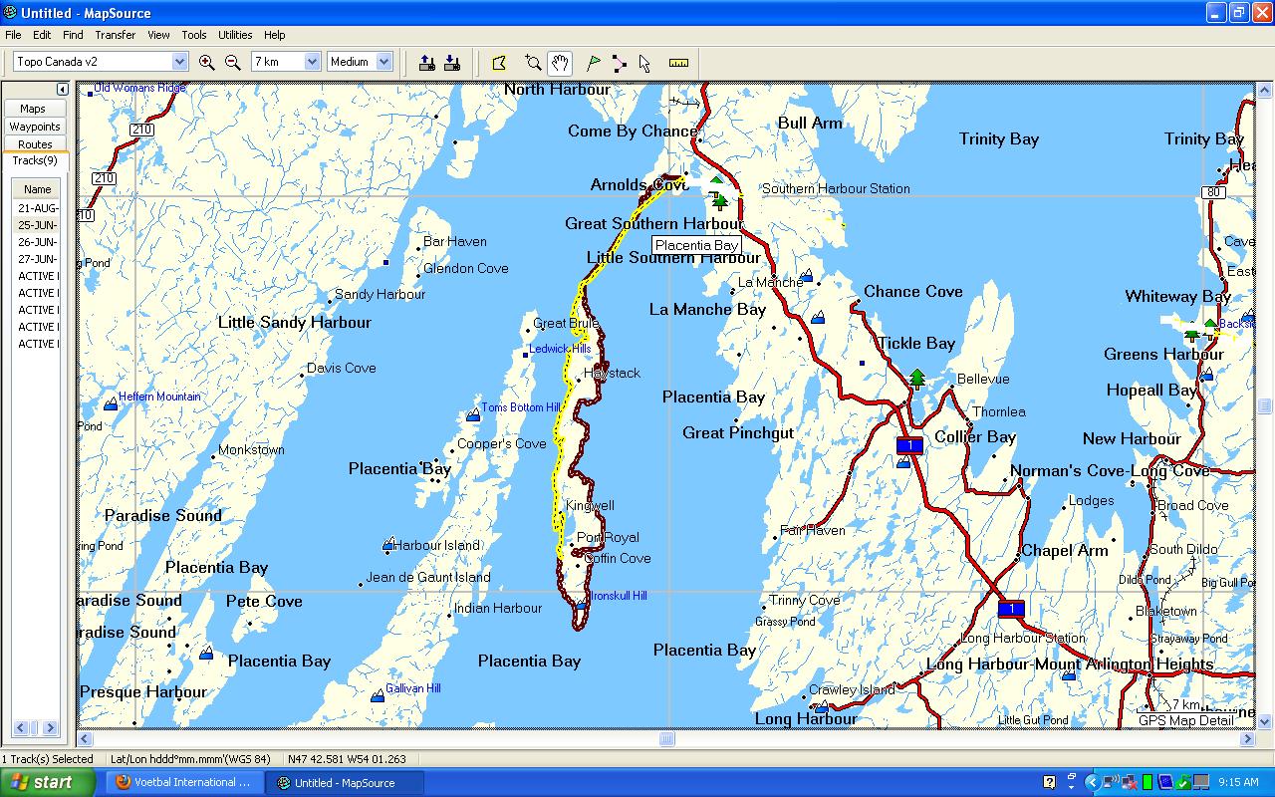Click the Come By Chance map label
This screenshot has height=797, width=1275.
tap(633, 132)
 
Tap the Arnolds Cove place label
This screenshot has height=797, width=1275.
tap(638, 185)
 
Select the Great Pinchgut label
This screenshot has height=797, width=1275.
tap(738, 432)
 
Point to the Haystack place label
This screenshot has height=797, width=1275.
tap(613, 373)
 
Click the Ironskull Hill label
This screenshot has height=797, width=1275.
tap(619, 596)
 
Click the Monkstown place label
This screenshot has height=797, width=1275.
tap(251, 450)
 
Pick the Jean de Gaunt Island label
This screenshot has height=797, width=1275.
tap(428, 577)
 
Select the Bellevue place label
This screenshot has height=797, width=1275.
tap(983, 380)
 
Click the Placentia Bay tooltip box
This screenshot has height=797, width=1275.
tap(696, 246)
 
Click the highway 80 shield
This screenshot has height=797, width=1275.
tap(1213, 192)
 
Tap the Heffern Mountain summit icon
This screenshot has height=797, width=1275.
tap(111, 404)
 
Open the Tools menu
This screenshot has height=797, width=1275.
tap(194, 35)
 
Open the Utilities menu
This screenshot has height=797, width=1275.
tap(235, 35)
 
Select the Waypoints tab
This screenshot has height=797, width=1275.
tap(35, 127)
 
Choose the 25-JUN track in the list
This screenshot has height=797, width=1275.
tap(38, 225)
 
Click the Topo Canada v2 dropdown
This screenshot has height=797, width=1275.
tap(101, 62)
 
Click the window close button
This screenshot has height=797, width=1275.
tap(1261, 13)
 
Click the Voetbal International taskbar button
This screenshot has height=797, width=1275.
tap(183, 783)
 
